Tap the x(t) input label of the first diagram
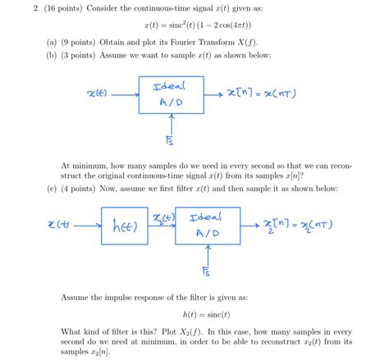[x=97, y=93]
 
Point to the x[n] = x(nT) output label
[x=260, y=93]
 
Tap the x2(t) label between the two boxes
[x=164, y=216]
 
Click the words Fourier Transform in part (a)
[x=229, y=41]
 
